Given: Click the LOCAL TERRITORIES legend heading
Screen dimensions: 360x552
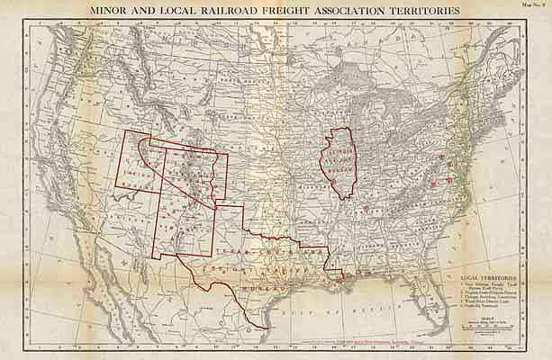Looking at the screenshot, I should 493,279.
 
